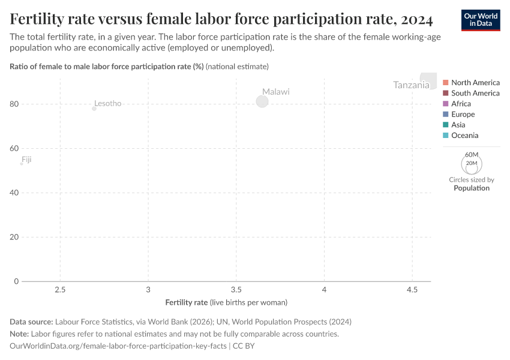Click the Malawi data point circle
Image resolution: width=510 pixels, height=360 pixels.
(x=262, y=101)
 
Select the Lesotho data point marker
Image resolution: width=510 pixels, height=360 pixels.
(x=94, y=109)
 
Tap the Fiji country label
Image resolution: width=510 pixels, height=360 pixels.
(x=26, y=160)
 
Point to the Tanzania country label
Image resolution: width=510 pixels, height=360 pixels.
(x=411, y=85)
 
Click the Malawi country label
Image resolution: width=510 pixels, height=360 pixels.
(x=275, y=92)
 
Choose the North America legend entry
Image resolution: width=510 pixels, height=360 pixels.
(x=475, y=82)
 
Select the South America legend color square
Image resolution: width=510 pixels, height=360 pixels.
(x=446, y=93)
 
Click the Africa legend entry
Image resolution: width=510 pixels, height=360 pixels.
(x=461, y=104)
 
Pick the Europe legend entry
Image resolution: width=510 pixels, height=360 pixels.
(x=463, y=114)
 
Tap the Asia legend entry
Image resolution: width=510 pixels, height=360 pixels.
(x=458, y=125)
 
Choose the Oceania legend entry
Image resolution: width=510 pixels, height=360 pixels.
(x=464, y=136)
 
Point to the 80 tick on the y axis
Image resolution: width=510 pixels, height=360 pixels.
(x=15, y=104)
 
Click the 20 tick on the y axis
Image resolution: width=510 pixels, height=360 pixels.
(x=15, y=237)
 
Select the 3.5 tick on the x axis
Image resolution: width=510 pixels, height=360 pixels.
(x=236, y=289)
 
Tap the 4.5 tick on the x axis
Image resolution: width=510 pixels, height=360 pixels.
(x=412, y=289)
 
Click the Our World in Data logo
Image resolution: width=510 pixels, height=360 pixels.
(x=481, y=20)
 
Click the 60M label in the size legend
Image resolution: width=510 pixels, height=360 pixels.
(x=472, y=155)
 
